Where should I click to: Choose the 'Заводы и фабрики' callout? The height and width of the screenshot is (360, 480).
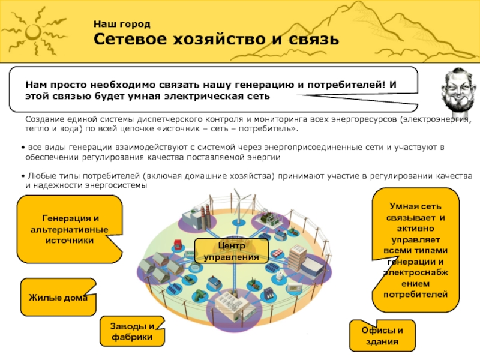[x=133, y=332]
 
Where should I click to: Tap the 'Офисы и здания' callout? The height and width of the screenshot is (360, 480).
[x=383, y=337]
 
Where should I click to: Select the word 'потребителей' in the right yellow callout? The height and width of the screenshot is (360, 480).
[x=419, y=295]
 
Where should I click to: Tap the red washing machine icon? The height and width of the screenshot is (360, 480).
[x=178, y=244]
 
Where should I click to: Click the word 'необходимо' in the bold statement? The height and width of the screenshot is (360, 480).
[x=110, y=85]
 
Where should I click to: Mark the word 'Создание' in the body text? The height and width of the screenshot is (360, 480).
[x=46, y=119]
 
